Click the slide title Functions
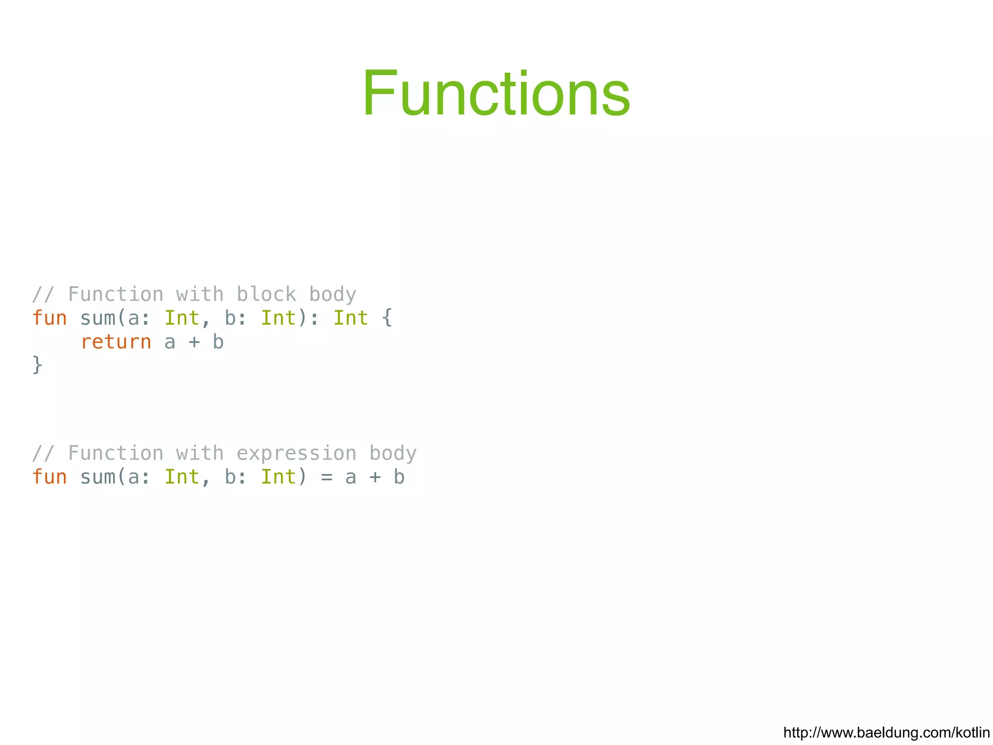(x=496, y=93)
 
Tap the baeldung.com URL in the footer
(x=886, y=732)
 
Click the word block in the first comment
(x=266, y=294)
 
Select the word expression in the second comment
(x=296, y=453)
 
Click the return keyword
(x=116, y=342)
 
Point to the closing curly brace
(x=37, y=365)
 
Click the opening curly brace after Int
(x=386, y=318)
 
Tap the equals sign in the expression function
(x=326, y=477)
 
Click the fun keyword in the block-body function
(x=49, y=318)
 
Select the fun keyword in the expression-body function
(x=49, y=477)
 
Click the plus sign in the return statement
(x=194, y=342)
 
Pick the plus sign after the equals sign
(x=375, y=477)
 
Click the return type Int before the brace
(x=350, y=318)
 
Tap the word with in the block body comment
(x=200, y=294)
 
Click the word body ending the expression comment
(x=393, y=453)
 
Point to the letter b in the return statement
(x=218, y=342)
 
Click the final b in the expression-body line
(x=399, y=477)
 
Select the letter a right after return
(x=170, y=342)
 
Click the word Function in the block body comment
(x=116, y=294)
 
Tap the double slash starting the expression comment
(x=43, y=453)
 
